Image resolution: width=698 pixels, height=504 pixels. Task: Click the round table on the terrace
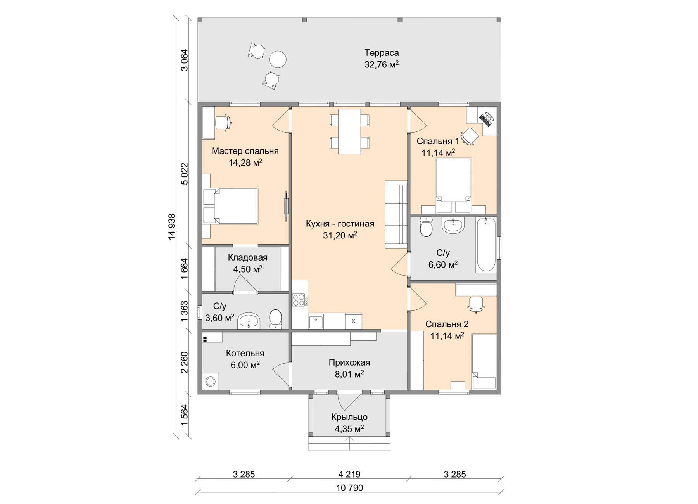coord(278,60)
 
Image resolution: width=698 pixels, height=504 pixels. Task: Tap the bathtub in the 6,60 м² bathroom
coord(486,245)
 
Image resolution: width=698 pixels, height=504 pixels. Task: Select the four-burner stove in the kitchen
coord(299,300)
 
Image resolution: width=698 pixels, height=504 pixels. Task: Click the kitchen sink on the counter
coord(316,321)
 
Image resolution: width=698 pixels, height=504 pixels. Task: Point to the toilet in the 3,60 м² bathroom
coord(276,319)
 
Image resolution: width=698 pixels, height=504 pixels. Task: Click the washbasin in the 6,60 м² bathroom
coord(453,225)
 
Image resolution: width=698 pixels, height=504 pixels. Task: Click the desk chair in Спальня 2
coord(476,304)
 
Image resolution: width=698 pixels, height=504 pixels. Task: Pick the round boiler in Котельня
coord(210,381)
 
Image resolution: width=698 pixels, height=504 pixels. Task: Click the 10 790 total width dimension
coord(349,488)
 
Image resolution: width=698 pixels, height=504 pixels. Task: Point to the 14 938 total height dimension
coord(172,226)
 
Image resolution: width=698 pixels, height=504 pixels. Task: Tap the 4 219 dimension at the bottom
coord(349,474)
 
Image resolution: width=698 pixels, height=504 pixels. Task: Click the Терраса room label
coord(382,53)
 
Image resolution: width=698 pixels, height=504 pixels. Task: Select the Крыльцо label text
coord(349,417)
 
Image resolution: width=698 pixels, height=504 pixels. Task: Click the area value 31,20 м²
coord(340,235)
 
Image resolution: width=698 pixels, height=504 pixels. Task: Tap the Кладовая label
coord(248,257)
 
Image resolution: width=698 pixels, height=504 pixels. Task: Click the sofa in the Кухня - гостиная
coord(396,214)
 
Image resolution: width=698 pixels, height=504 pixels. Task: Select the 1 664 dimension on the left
coord(184,268)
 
